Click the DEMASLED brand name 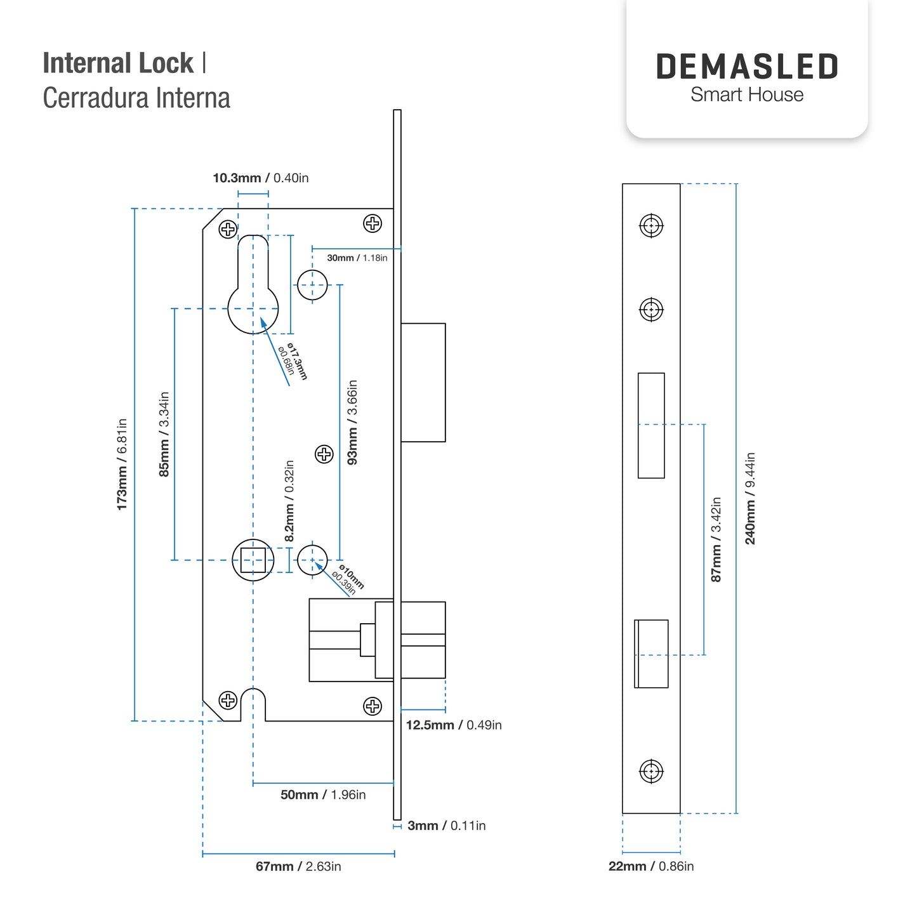746,66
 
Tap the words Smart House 747,95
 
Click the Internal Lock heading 118,63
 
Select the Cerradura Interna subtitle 136,98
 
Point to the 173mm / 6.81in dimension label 122,465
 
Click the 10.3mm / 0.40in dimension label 260,178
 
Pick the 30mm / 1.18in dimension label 357,258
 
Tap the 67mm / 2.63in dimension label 298,867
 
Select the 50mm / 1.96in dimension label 323,795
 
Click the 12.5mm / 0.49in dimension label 454,725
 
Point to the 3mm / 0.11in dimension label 446,826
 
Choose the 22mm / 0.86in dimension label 651,866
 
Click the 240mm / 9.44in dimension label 750,498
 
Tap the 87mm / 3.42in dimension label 716,539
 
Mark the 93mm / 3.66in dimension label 352,422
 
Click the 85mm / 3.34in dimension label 164,434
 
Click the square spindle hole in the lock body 253,560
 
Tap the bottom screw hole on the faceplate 651,772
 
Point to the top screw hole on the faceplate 651,225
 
